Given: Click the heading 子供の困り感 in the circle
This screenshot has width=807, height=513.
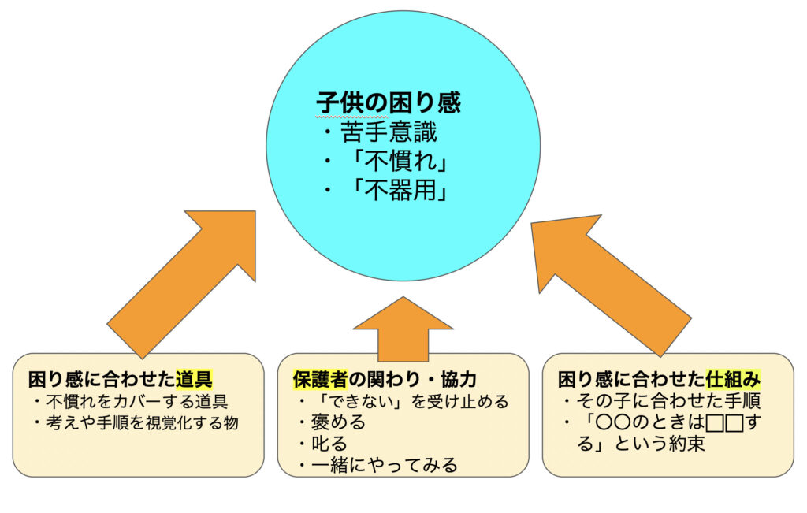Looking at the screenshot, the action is point(389,102).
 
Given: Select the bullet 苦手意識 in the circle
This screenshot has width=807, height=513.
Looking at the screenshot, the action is point(389,132).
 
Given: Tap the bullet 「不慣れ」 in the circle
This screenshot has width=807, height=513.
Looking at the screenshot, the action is point(398,162).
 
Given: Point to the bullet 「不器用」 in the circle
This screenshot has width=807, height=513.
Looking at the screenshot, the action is point(398,191).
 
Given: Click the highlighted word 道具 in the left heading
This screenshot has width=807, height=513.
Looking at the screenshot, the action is point(194,379).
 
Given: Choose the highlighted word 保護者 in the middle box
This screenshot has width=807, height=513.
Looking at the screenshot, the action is point(321,379).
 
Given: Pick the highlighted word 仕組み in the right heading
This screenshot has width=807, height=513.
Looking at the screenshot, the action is point(733,379).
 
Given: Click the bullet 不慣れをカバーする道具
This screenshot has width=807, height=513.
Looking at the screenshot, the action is point(137,401).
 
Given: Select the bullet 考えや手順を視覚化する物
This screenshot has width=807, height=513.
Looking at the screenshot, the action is point(143,422).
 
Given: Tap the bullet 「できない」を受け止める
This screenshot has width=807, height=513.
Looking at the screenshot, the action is point(410,401).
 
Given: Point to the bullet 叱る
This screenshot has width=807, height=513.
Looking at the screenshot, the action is point(330,444).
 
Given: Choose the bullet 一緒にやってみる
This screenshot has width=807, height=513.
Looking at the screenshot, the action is point(385,465).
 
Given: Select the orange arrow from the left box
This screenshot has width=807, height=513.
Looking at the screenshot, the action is point(181,284).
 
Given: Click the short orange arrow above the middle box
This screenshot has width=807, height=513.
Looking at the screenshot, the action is point(403,329).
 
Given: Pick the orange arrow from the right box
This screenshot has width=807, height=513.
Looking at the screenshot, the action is point(611,285).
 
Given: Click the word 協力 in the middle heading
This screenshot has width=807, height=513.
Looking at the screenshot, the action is point(459,379).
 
